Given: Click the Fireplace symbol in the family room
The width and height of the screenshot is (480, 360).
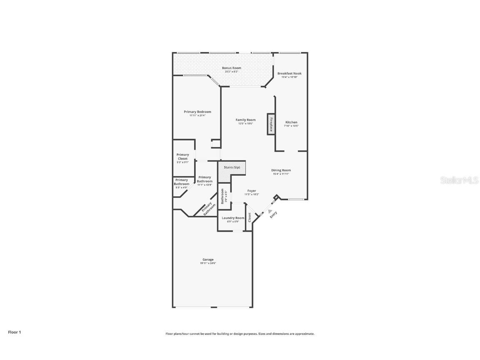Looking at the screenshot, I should [271, 124].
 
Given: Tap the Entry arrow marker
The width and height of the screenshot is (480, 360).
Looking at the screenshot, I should [270, 211].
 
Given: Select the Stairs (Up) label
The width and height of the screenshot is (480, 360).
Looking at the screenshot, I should [232, 167].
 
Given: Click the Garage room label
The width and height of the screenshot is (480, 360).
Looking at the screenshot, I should [208, 260].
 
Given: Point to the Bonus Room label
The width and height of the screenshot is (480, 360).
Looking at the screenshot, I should [231, 68].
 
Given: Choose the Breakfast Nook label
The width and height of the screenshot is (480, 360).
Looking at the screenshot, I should [289, 73].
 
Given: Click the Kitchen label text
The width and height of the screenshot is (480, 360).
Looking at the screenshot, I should [291, 122].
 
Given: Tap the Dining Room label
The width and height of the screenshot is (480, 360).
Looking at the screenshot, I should [281, 170].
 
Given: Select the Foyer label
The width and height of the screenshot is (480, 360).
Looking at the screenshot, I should [252, 191].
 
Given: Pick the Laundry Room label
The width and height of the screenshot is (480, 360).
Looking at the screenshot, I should [233, 218].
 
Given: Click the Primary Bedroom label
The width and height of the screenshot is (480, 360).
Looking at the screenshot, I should [197, 112].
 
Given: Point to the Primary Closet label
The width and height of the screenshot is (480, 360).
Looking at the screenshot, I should [182, 157].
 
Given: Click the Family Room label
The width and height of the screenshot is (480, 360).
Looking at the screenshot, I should [245, 120].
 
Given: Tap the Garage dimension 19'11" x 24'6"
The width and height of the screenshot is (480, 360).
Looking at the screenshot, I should [208, 263].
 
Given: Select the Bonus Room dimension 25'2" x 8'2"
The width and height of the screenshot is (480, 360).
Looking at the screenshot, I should [231, 72].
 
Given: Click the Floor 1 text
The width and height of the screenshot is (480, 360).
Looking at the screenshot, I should [14, 332].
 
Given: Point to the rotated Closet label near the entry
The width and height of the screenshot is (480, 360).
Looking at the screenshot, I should [250, 217].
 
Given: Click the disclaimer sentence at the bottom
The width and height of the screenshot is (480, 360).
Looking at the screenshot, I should [240, 334].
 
